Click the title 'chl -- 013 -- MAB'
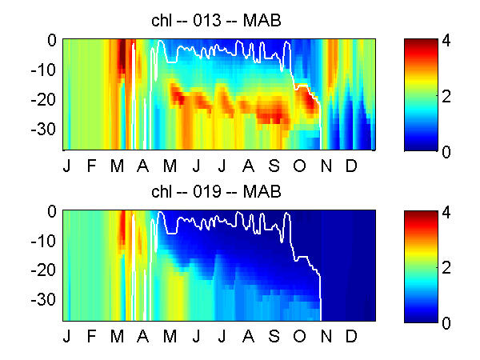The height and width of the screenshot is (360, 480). pos(216,21)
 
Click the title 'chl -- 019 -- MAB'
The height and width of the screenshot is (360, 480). pos(216,192)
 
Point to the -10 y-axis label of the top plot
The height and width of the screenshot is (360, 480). pos(43,70)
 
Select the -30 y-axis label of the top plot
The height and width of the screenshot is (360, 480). pos(43,129)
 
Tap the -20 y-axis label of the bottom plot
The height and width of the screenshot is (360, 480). pos(43,270)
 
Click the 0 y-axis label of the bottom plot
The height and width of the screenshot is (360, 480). pos(52,211)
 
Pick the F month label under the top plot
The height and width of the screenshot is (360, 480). pos(91,166)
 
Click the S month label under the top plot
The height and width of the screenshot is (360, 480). pos(274,166)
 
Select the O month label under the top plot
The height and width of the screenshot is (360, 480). pos(299,166)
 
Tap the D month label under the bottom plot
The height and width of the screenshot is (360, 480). pos(351,336)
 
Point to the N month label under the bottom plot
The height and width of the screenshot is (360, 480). pos(326,336)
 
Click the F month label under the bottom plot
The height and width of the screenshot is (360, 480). pos(91,336)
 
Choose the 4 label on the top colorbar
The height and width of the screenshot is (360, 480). pos(446,41)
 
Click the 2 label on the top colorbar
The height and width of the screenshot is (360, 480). pos(446,97)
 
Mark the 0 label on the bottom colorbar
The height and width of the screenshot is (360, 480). pos(446,323)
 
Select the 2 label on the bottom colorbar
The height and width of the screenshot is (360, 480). pos(446,267)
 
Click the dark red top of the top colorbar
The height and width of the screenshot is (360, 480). pos(421,43)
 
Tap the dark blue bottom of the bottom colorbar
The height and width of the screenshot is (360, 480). pos(421,318)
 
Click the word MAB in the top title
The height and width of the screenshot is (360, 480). pos(262,21)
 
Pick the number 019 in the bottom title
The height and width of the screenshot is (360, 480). pos(206,192)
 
